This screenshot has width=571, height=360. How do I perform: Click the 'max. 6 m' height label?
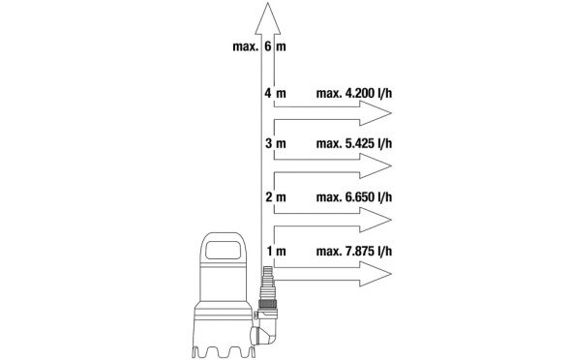click(x=259, y=46)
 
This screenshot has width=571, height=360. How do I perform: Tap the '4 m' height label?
click(x=275, y=93)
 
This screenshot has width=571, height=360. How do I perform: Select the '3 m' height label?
click(x=275, y=143)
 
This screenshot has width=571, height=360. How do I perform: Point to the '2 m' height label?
click(x=275, y=197)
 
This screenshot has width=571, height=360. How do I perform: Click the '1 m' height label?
click(x=276, y=252)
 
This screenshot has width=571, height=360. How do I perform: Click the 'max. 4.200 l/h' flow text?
click(x=354, y=93)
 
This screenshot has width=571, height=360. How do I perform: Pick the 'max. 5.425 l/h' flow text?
click(x=354, y=143)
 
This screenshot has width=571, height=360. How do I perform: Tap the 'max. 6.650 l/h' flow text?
click(x=354, y=197)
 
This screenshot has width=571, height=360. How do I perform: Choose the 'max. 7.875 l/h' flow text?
click(x=354, y=252)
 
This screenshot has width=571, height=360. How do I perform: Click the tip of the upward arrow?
click(x=268, y=3)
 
